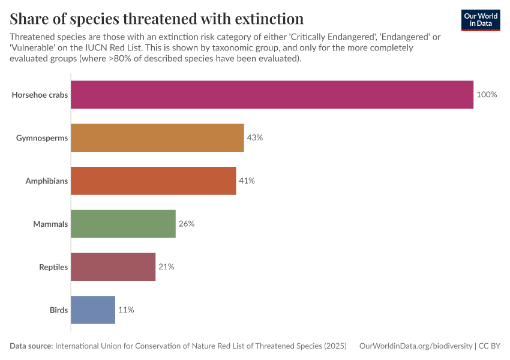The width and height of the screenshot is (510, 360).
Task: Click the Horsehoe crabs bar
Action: [x=272, y=95]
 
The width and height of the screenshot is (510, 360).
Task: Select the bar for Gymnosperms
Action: [x=157, y=137]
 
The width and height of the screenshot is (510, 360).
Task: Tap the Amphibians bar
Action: [x=153, y=181]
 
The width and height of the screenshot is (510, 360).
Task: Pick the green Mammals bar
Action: [x=123, y=224]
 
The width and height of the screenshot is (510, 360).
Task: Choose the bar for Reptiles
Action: [x=113, y=267]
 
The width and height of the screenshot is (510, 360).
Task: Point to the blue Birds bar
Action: [x=92, y=310]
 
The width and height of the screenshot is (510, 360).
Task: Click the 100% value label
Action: [x=487, y=95]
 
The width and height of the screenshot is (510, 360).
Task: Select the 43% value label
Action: [x=254, y=137]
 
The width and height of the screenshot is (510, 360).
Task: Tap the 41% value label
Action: [x=247, y=181]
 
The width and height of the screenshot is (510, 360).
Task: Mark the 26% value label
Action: [x=186, y=224]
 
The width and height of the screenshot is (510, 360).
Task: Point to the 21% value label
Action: [x=166, y=267]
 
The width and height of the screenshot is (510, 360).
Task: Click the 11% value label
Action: [x=125, y=310]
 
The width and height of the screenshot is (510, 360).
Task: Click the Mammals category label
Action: [x=50, y=224]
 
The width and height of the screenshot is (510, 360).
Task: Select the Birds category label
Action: [x=58, y=310]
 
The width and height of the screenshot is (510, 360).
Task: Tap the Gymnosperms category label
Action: [x=42, y=137]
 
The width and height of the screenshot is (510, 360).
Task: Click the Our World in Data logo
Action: [x=480, y=19]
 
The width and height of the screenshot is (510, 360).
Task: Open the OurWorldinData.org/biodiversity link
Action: [x=415, y=346]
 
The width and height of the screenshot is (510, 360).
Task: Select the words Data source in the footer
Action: [x=31, y=346]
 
